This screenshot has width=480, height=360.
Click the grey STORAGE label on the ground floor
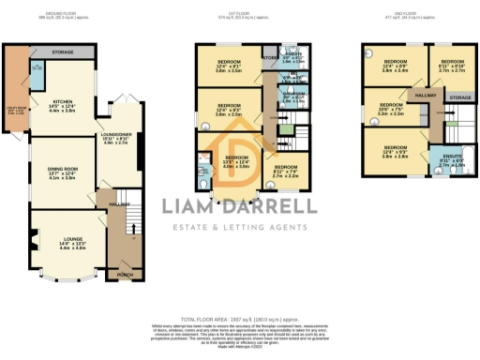pos(63,52)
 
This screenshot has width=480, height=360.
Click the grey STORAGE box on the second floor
pos(459,97)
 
